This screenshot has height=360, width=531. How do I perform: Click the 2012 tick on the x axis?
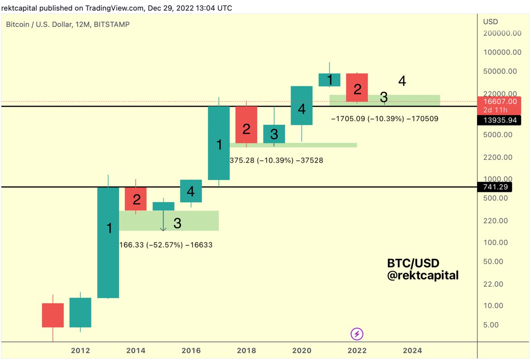point(80,351)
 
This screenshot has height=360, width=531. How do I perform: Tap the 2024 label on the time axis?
point(412,351)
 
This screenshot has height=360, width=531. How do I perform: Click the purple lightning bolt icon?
point(357,334)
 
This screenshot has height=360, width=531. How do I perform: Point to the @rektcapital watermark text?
point(423,275)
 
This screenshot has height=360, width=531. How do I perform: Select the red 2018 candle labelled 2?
point(246,125)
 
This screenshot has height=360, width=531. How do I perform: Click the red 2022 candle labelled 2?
point(357,88)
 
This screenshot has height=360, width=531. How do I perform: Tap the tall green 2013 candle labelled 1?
point(108,242)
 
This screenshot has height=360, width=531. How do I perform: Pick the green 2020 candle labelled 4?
point(302,105)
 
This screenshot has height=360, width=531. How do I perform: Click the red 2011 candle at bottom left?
point(53,315)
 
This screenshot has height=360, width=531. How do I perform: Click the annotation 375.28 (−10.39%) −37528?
point(276,161)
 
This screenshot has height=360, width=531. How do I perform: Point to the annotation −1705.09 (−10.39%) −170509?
point(385,119)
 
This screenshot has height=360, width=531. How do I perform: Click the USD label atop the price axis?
point(490,22)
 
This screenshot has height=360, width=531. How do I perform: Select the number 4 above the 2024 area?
point(402,81)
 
